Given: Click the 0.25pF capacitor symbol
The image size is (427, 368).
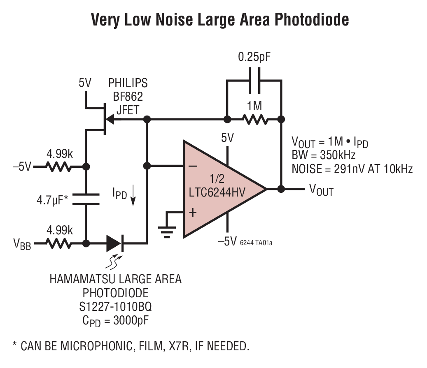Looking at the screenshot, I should point(254,81).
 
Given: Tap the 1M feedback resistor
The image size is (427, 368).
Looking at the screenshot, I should point(255,120).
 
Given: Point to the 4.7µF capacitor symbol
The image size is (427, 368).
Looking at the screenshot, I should point(86,199).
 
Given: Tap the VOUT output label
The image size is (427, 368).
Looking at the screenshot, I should point(321,190).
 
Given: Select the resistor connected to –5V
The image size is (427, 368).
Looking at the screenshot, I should point(59,167).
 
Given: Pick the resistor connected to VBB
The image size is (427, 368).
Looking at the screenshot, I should point(59,243).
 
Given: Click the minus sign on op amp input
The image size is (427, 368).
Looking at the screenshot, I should point(192,166).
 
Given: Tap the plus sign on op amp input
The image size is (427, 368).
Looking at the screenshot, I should point(192,212).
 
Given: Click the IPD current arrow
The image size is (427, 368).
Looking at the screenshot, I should point(133,199).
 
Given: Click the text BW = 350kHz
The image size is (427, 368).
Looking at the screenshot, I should point(324,155).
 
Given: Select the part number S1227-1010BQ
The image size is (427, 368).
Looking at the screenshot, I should point(116,307).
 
